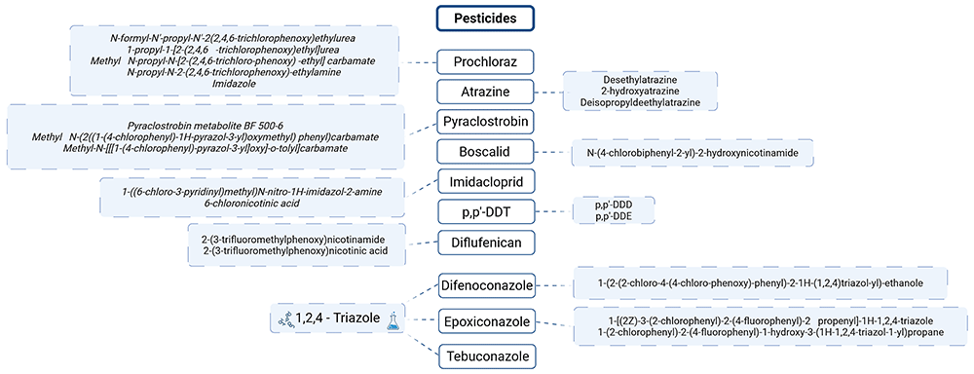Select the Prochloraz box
(487, 61)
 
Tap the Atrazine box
(487, 92)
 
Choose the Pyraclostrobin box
(487, 122)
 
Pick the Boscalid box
(487, 152)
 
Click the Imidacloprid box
(487, 182)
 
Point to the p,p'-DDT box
(487, 212)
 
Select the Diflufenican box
(487, 241)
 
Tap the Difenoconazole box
(487, 286)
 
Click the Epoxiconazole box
(487, 321)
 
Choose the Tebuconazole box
(487, 356)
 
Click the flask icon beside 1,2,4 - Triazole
(392, 321)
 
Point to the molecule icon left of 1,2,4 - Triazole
(282, 321)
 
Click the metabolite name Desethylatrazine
(640, 80)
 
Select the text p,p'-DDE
(606, 215)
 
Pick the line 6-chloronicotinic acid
(251, 203)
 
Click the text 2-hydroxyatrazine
(640, 91)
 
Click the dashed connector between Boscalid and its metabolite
(554, 152)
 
